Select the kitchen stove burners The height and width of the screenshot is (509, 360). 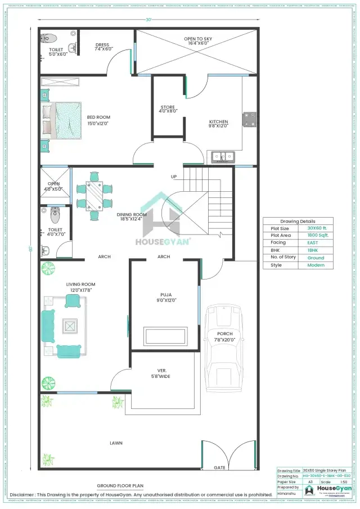pyautogui.click(x=249, y=120)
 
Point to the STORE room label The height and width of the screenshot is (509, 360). pyautogui.click(x=168, y=109)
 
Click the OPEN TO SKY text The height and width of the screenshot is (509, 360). pyautogui.click(x=197, y=40)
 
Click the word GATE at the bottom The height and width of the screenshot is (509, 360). pyautogui.click(x=220, y=467)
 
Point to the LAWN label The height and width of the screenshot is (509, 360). pyautogui.click(x=116, y=443)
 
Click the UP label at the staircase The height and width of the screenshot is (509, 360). pyautogui.click(x=174, y=177)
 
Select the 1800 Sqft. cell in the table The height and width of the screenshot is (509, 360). pyautogui.click(x=315, y=235)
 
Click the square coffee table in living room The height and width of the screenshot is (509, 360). pyautogui.click(x=70, y=326)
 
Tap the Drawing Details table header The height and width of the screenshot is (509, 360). pyautogui.click(x=298, y=221)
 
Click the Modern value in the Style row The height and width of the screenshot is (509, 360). pyautogui.click(x=315, y=265)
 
